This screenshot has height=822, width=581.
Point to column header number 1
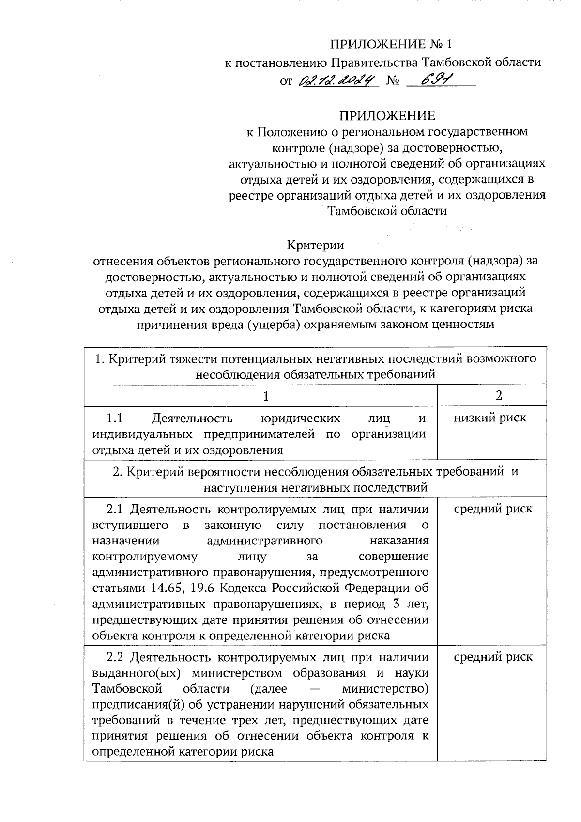[x=265, y=396]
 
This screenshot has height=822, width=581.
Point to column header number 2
[x=499, y=395]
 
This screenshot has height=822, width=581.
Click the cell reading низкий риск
[x=489, y=418]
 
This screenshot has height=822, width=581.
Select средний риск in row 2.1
[x=493, y=509]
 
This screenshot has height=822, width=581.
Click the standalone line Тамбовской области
[x=387, y=211]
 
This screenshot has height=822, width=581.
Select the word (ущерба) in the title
[x=273, y=324]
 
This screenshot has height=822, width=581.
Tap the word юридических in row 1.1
[x=300, y=418]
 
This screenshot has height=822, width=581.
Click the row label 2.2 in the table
[x=115, y=657]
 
